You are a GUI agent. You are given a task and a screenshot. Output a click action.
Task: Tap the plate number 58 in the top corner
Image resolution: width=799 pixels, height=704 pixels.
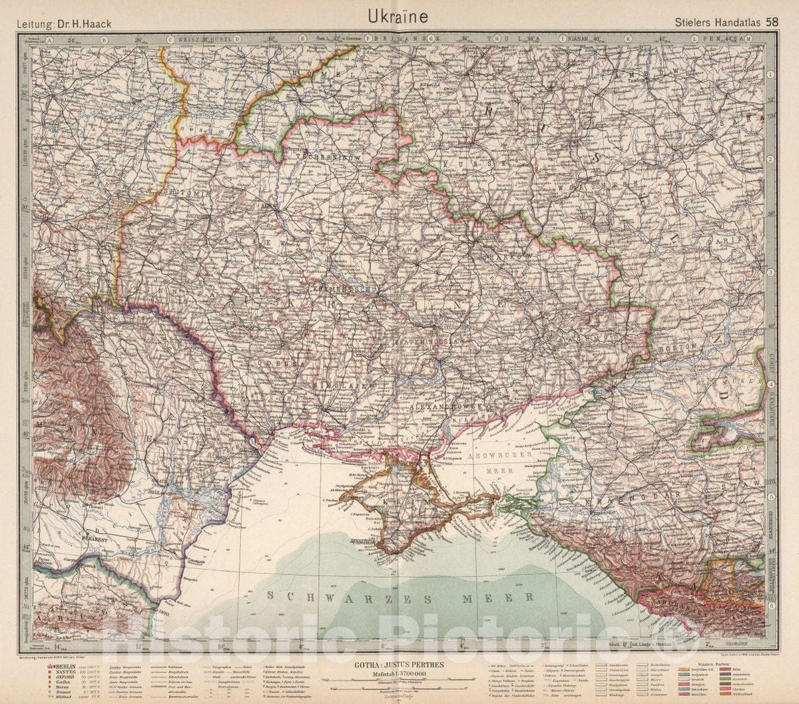pos(772,21)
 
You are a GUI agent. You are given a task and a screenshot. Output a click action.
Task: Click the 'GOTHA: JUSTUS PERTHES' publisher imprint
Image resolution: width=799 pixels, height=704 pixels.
pos(399,663)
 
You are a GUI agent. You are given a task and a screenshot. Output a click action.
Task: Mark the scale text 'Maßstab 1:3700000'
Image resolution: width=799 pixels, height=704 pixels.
pos(399,672)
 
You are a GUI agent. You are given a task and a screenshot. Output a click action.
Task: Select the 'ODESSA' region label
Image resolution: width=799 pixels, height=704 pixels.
pos(285,365)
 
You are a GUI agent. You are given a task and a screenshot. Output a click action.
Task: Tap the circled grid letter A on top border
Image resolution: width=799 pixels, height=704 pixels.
pos(49,39)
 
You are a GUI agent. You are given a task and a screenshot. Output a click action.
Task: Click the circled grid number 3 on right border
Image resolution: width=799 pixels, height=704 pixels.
pos(770,273)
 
